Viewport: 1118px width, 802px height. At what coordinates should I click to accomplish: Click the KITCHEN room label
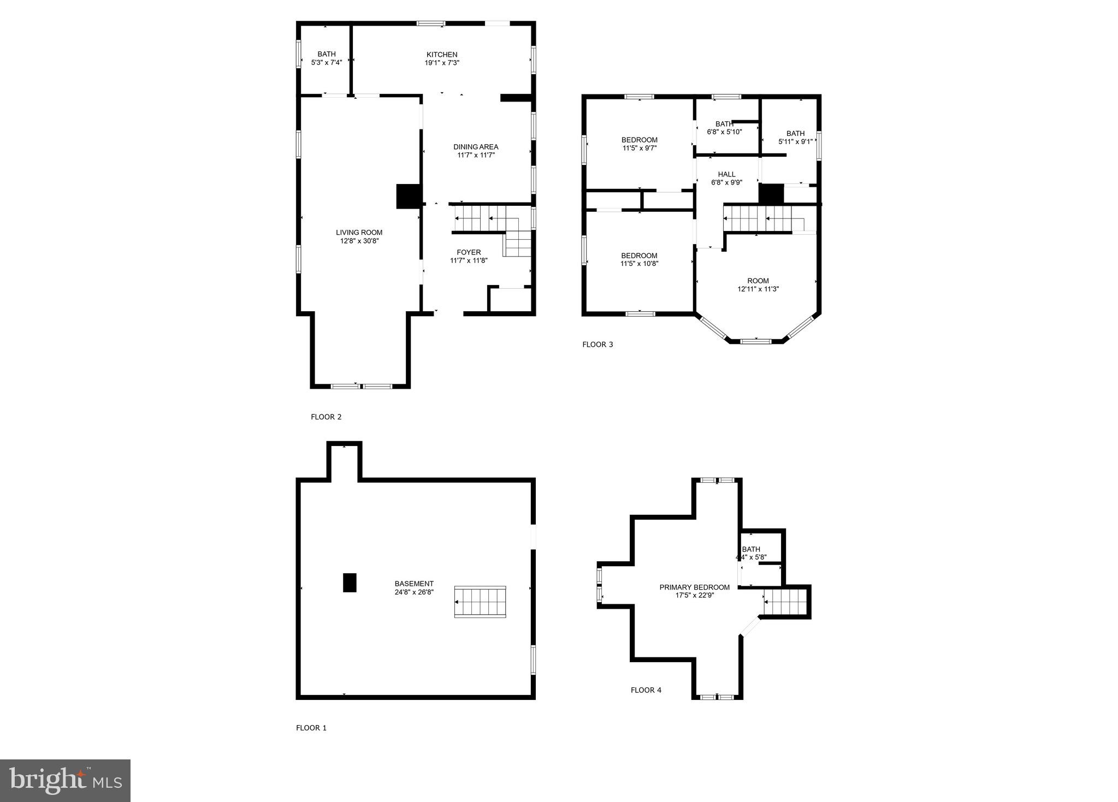point(442,55)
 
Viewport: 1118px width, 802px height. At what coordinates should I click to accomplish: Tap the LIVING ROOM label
point(359,233)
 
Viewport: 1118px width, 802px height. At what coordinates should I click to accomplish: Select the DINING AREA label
point(476,147)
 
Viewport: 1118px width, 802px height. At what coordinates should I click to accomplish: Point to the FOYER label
point(469,252)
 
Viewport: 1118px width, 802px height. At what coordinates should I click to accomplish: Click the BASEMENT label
point(414,584)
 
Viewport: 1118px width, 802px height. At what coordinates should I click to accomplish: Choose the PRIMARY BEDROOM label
point(694,587)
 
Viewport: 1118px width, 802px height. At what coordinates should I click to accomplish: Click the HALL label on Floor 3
point(726,175)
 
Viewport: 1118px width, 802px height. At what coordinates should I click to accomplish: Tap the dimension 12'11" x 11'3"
point(758,289)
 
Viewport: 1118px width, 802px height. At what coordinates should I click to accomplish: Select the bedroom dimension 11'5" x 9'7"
point(639,148)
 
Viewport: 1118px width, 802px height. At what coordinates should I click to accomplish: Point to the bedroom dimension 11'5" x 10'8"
point(639,264)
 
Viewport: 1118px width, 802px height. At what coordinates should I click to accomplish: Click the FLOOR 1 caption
point(311,728)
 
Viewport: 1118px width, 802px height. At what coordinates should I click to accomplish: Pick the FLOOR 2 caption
point(326,417)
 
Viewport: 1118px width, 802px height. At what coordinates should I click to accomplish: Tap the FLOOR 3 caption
point(598,344)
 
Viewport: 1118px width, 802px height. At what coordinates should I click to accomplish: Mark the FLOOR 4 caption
point(646,690)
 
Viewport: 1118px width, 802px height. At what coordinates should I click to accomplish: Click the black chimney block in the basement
point(350,583)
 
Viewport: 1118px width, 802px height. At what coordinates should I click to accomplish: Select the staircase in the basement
point(480,602)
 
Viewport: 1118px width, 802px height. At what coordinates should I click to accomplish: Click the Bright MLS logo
point(65,781)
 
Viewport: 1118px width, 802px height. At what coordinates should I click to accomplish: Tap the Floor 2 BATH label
point(327,54)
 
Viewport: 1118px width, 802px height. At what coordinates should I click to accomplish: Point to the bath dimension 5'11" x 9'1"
point(795,142)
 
